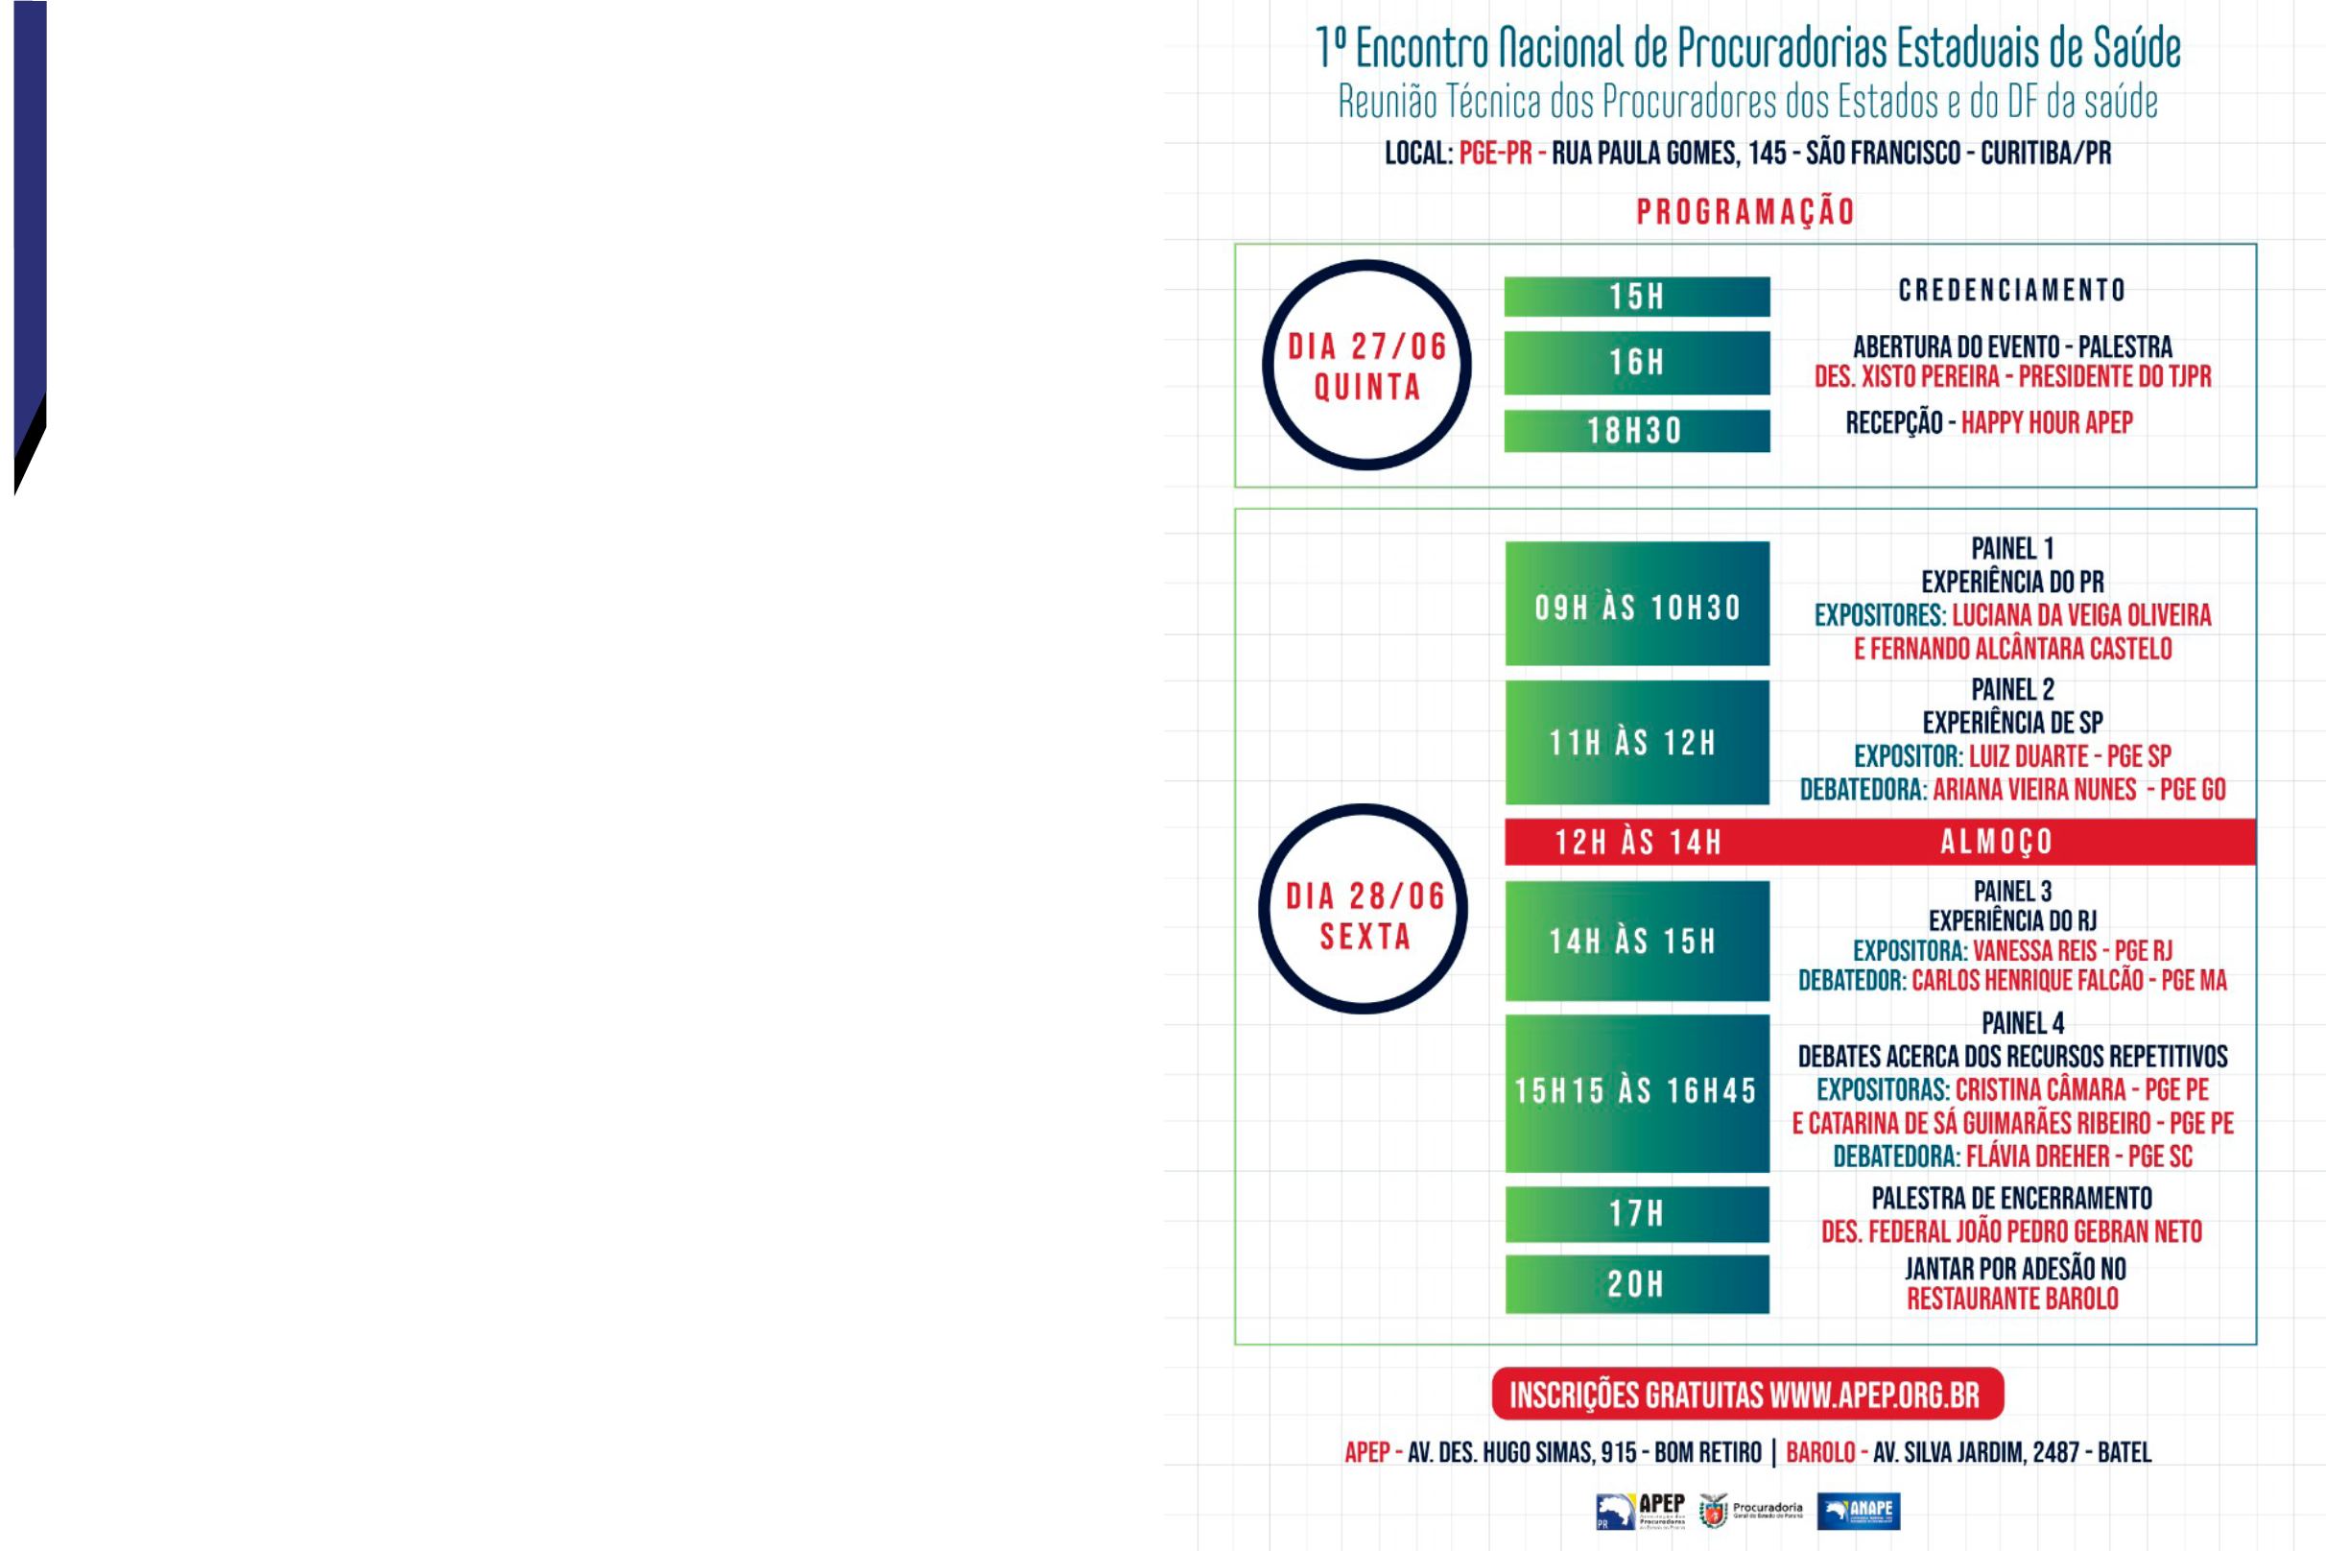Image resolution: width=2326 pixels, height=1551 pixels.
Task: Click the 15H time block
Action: coord(1637,297)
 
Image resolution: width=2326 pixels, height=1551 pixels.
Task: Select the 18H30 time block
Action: coord(1637,431)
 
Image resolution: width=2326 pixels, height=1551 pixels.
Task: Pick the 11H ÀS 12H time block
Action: coord(1637,742)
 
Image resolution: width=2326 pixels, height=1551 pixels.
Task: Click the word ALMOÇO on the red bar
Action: coord(1997,842)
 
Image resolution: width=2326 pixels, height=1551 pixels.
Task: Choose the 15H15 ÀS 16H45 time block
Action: coord(1637,1092)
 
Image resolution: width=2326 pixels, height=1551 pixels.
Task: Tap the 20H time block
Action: coord(1637,1284)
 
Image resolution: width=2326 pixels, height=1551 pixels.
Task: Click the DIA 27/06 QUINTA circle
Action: coord(1366,365)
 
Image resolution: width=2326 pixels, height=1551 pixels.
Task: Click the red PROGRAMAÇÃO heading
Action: coord(1745,212)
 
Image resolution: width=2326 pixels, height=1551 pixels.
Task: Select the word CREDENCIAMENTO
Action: coord(2012,290)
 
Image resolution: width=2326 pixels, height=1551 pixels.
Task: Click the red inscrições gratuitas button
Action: coord(1747,1394)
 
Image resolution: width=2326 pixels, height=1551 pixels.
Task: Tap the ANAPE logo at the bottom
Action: coord(1859,1511)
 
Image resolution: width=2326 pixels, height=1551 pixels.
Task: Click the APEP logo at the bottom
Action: coord(1642,1511)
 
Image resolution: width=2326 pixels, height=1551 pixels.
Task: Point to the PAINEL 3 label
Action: coord(2012,892)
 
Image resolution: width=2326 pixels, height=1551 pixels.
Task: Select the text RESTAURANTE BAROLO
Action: coord(2012,1299)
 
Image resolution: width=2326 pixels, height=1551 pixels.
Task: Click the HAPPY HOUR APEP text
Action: coord(2046,423)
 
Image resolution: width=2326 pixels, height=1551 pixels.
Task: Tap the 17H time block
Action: coord(1637,1214)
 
